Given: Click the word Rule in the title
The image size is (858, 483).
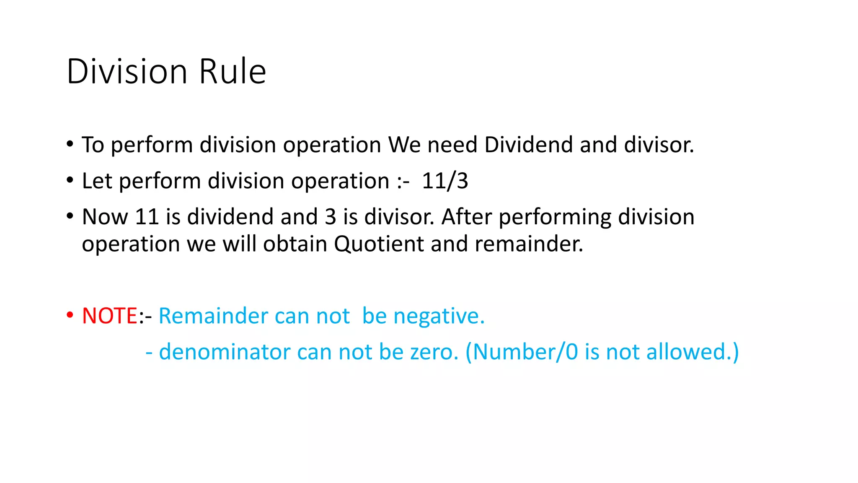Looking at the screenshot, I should [x=233, y=71].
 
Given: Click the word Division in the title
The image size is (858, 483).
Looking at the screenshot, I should [x=127, y=71].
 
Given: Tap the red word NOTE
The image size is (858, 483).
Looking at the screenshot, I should [x=110, y=316].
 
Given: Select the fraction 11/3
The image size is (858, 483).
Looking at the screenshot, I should [x=445, y=181].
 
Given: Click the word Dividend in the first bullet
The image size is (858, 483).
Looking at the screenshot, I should [x=529, y=145].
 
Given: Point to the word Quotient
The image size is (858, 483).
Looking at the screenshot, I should [x=379, y=244].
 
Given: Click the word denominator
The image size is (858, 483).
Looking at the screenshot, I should [x=225, y=352].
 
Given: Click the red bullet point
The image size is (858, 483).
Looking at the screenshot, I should [x=70, y=315].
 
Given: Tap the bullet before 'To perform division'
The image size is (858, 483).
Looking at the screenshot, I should [x=70, y=144].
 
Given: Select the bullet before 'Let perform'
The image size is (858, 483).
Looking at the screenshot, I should [x=70, y=180].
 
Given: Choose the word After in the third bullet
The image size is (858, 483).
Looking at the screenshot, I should [x=466, y=217].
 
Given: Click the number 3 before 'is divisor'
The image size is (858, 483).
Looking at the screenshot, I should [x=331, y=217].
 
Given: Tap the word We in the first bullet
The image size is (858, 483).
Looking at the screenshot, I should [x=404, y=145].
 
